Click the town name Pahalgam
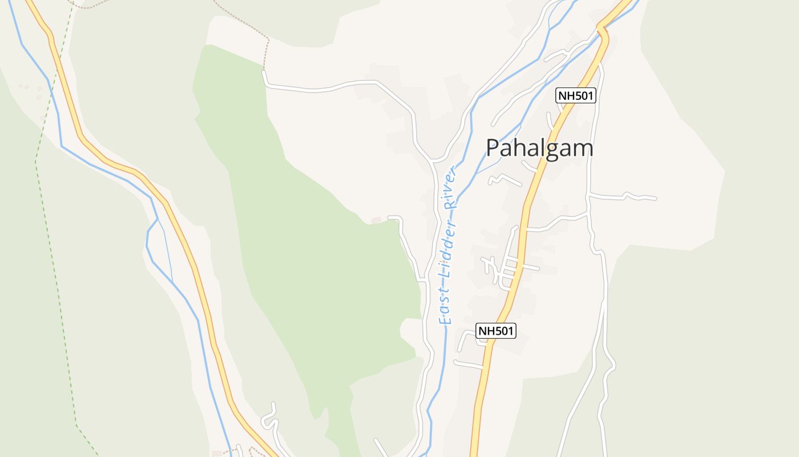point(539,149)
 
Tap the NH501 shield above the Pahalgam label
point(576,96)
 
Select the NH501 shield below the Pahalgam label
point(496,330)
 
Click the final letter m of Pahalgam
point(584,150)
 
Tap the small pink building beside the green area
point(376,220)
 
